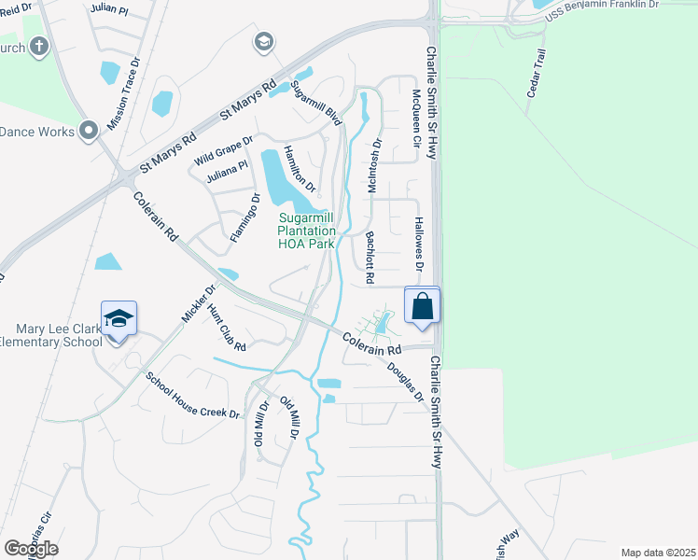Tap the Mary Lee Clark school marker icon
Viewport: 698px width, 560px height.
coord(119,319)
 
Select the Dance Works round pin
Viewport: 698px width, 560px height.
coord(90,131)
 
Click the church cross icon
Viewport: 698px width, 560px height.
coord(39,45)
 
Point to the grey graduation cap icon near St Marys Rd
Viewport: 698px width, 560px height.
coord(264,41)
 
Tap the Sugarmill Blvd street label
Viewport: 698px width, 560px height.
coord(314,103)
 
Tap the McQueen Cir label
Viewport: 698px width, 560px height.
coord(415,119)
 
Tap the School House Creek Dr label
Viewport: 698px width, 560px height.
coord(192,396)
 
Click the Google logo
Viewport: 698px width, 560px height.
coord(31,548)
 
